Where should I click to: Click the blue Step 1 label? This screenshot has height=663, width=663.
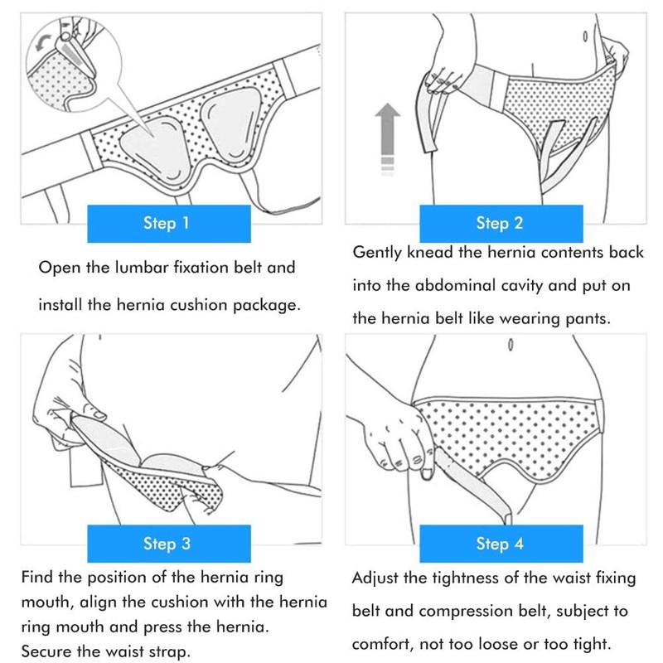167,224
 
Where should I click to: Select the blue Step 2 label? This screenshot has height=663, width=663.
499,224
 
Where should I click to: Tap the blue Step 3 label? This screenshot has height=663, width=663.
167,544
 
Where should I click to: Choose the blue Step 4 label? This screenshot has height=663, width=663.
499,544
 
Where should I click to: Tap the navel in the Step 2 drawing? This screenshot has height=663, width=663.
586,36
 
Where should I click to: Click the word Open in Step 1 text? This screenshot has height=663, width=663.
58,269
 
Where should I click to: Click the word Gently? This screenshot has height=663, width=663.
378,252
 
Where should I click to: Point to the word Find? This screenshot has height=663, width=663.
37,578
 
